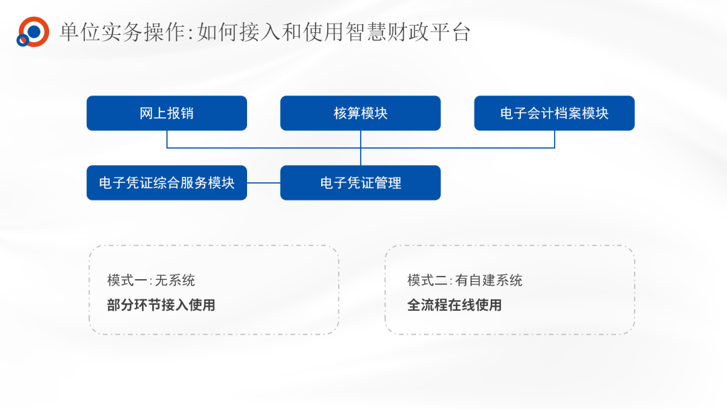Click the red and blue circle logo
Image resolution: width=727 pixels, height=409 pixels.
[32, 32]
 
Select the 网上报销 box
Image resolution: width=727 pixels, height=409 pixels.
[167, 113]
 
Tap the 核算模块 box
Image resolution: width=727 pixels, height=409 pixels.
[360, 113]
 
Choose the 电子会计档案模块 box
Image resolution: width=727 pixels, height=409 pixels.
[554, 113]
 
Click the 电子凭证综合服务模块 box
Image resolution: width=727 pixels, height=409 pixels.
[167, 183]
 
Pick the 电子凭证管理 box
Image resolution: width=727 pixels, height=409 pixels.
[360, 183]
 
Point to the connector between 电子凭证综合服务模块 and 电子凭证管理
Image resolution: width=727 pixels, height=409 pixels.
[264, 183]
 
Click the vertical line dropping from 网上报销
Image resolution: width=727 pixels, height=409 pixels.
[167, 139]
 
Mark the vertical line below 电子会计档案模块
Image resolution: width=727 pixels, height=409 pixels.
[555, 139]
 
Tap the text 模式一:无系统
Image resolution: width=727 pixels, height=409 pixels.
[151, 281]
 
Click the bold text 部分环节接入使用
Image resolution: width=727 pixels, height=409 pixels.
[161, 305]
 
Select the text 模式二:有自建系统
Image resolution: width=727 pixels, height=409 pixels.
[465, 281]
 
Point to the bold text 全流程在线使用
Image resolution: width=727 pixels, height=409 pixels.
[454, 305]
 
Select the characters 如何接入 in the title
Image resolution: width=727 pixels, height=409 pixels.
[239, 32]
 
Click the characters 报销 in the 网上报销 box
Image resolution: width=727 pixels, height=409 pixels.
[180, 113]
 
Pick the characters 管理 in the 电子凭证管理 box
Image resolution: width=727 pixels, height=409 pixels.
[388, 183]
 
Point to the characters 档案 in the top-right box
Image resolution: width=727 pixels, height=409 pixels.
[568, 113]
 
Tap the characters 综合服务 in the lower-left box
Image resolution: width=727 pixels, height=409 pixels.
[180, 183]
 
